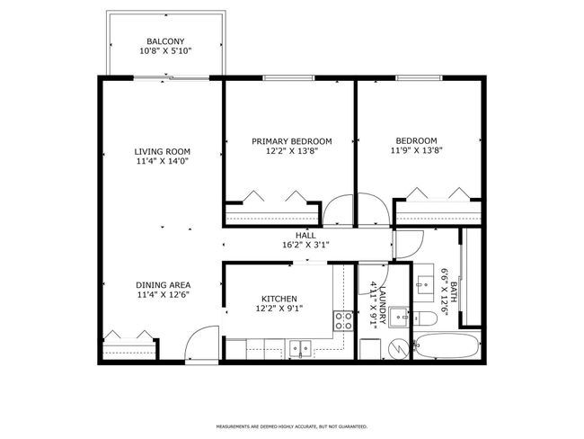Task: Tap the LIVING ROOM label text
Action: [x=163, y=151]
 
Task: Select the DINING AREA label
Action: [x=163, y=283]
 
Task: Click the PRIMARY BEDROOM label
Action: [x=291, y=141]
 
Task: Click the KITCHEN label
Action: [x=279, y=299]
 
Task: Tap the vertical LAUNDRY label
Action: [x=383, y=306]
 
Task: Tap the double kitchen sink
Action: [x=300, y=348]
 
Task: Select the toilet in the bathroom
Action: [x=425, y=318]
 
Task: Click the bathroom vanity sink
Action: [x=426, y=282]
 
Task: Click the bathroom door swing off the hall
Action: [x=407, y=244]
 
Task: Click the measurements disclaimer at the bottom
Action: [x=291, y=426]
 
